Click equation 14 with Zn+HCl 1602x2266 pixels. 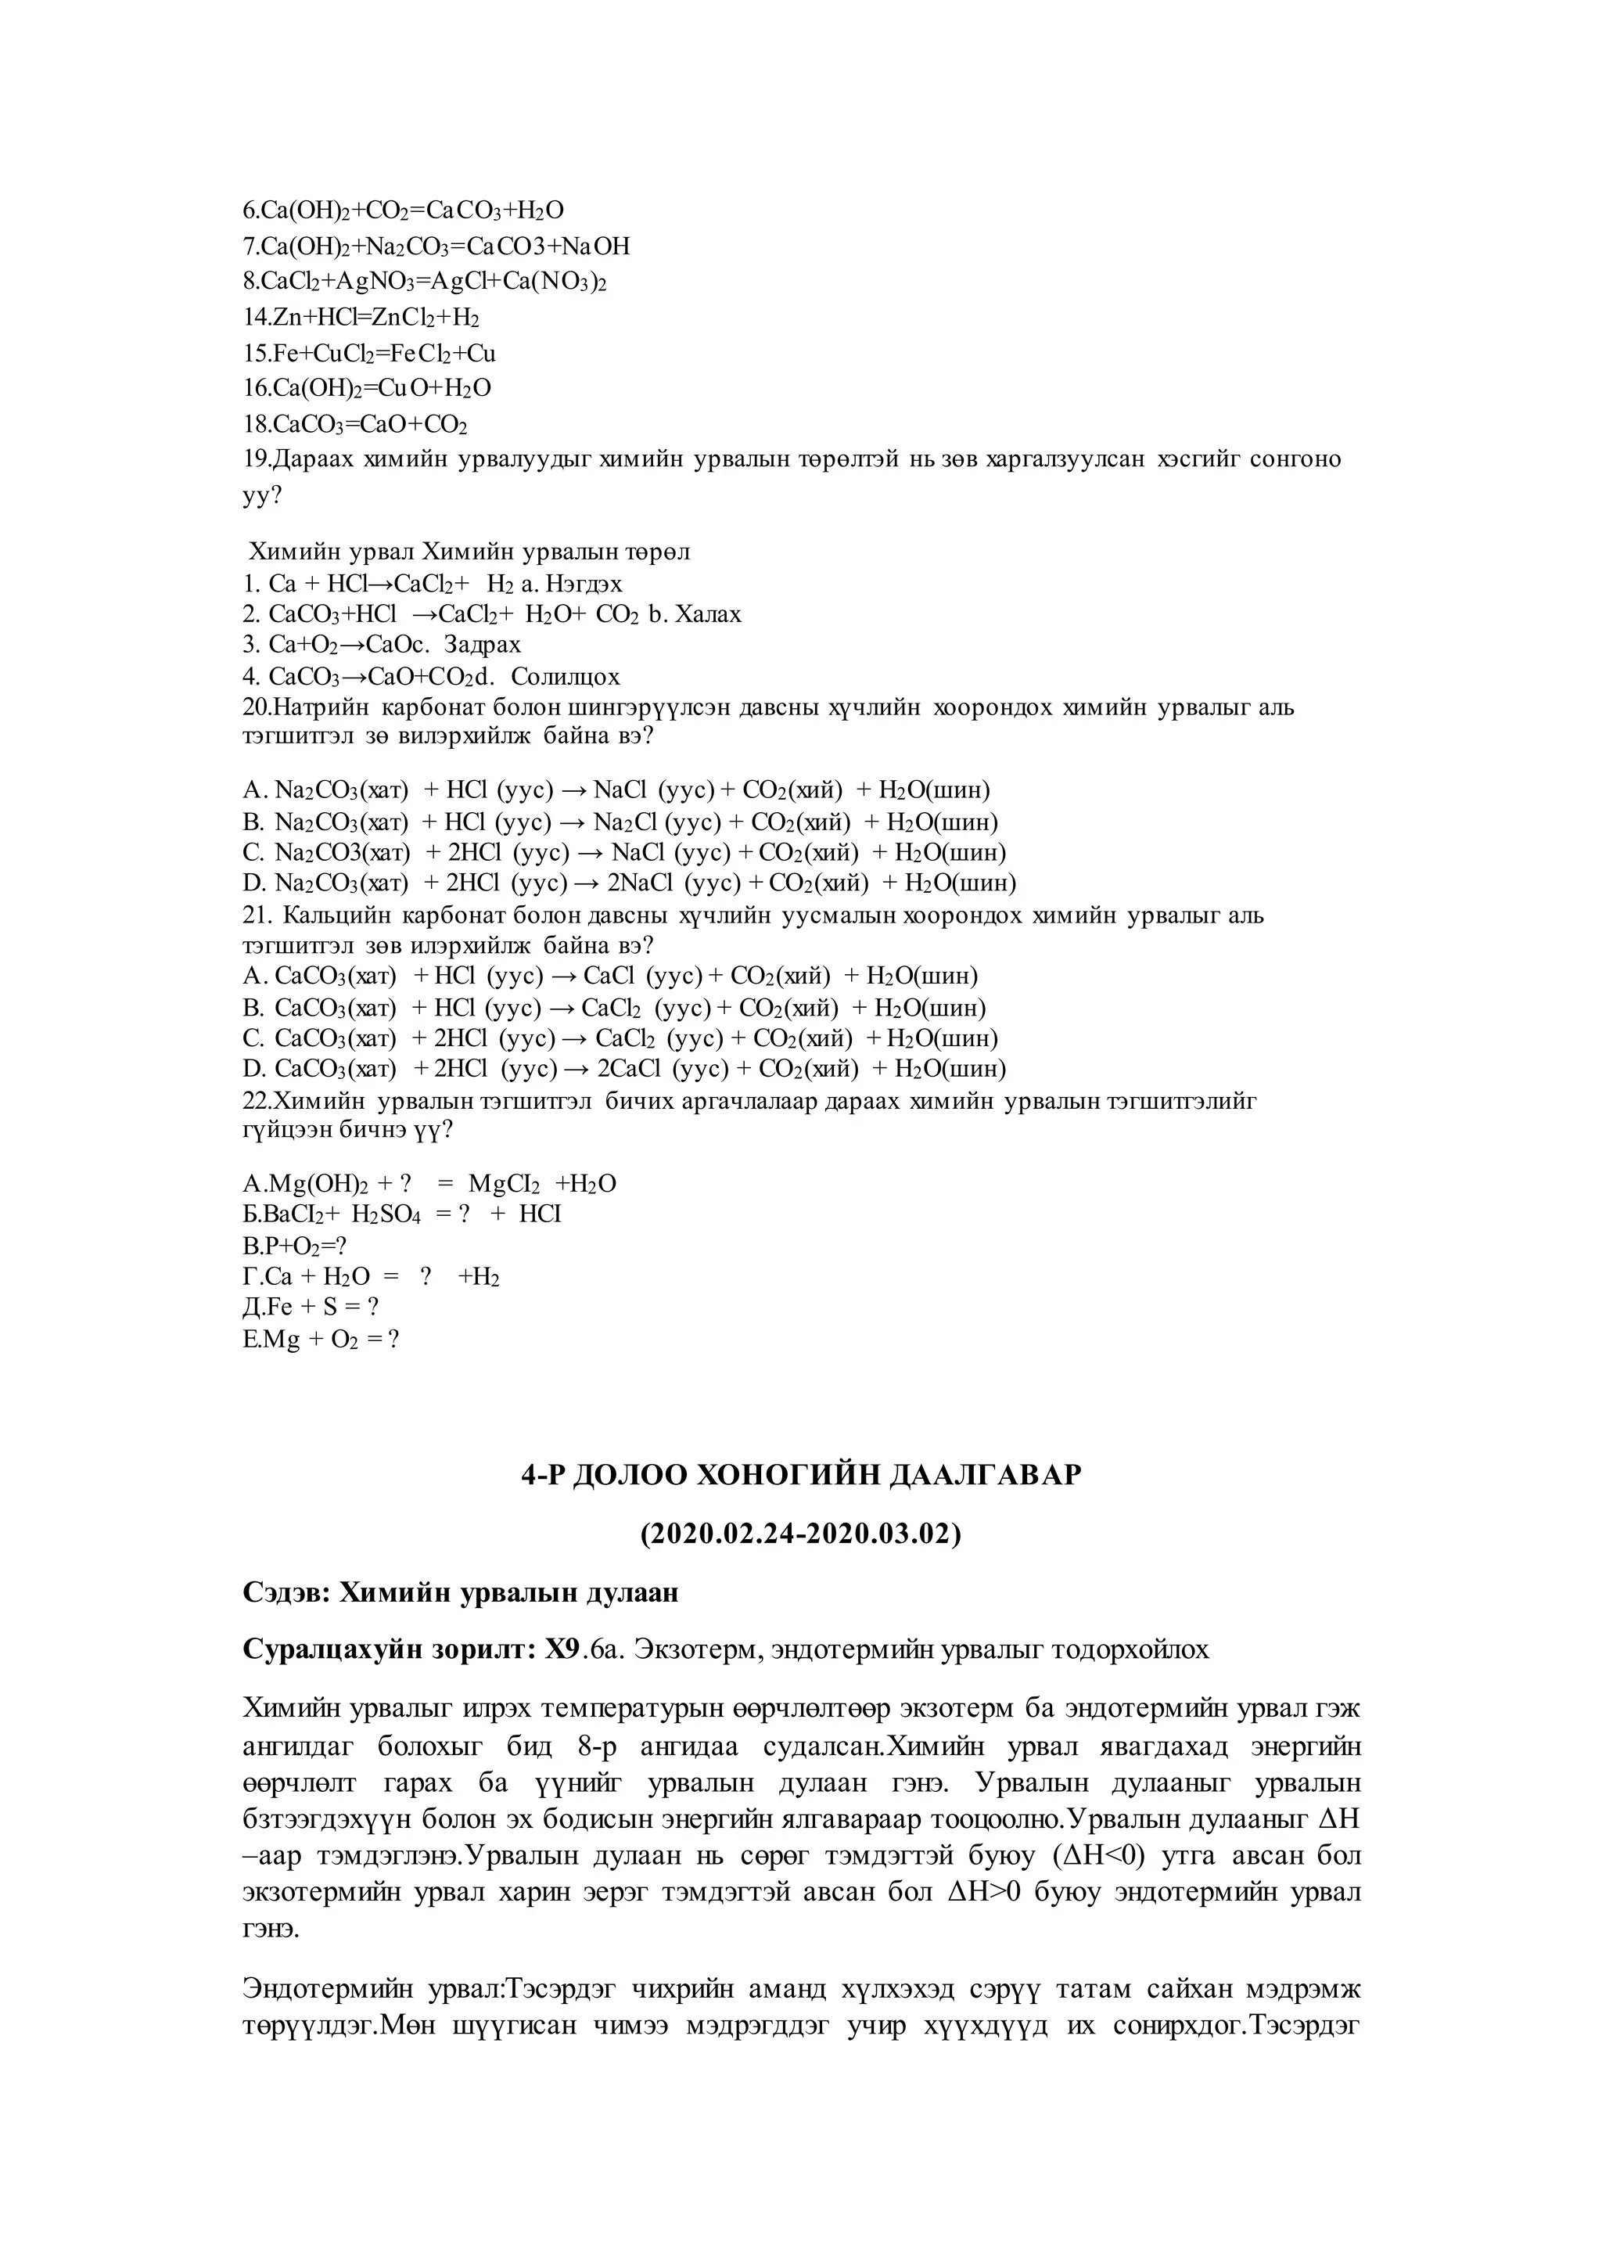tap(361, 318)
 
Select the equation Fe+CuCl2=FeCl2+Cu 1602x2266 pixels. tap(369, 354)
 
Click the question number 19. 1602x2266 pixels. tap(256, 460)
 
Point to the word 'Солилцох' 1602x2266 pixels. tap(566, 677)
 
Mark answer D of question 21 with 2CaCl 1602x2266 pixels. tap(624, 1069)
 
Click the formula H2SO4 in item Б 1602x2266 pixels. tap(386, 1215)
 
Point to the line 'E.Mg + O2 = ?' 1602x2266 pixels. tap(321, 1340)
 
